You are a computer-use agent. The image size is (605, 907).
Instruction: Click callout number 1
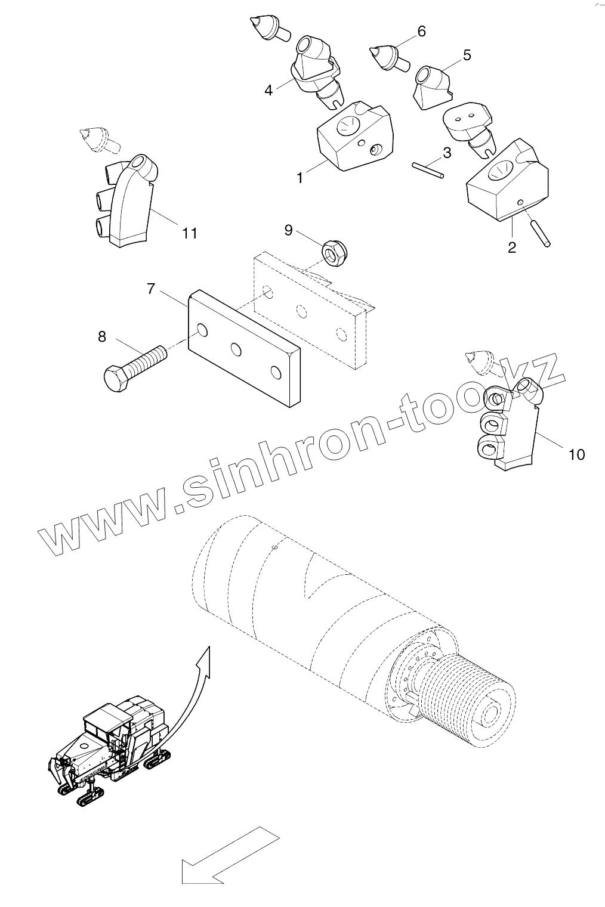pos(300,178)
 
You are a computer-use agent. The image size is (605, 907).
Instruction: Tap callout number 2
pos(512,247)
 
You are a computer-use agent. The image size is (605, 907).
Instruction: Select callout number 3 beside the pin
pos(447,153)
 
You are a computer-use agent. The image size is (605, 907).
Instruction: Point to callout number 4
pos(268,90)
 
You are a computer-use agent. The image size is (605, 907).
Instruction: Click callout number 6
pos(422,31)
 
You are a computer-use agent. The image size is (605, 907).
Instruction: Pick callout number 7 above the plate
pos(151,290)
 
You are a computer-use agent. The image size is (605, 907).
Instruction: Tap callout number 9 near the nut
pos(288,230)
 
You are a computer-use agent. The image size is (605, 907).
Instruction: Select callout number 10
pos(576,454)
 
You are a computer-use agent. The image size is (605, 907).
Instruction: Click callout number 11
pos(189,232)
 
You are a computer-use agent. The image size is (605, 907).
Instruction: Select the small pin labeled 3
pos(428,170)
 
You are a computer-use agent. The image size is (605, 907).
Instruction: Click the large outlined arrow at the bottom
pos(230,856)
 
